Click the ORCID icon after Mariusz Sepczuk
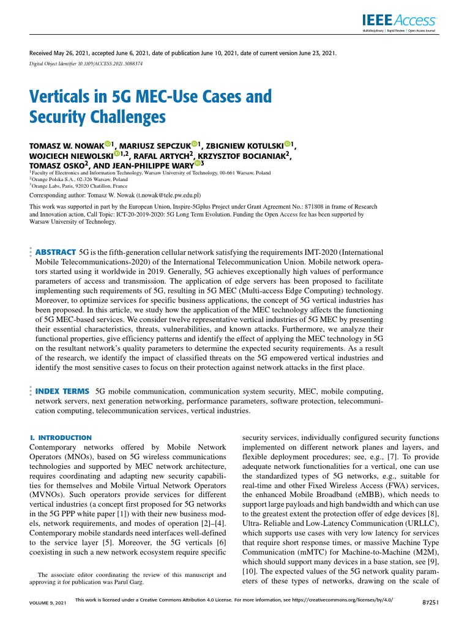[195, 145]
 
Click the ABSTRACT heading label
[56, 252]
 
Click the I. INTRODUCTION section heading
[61, 438]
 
